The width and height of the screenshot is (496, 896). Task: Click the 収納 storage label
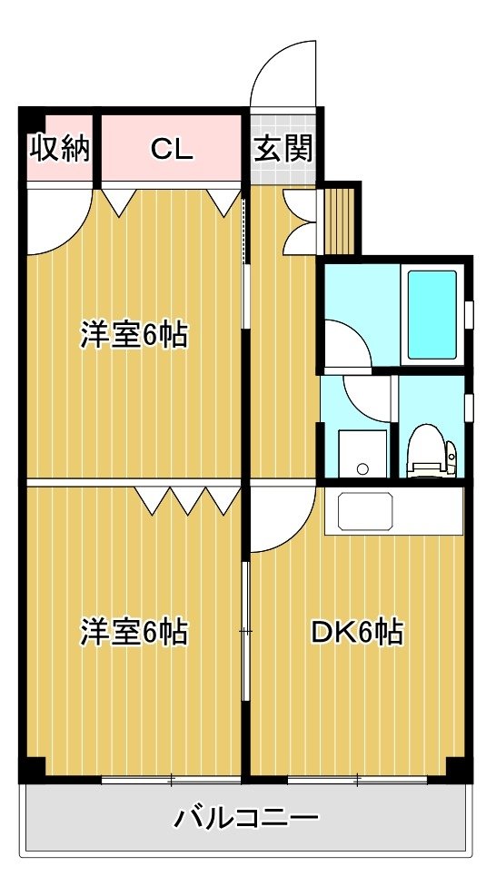tap(60, 150)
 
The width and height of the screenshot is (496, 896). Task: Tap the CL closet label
tap(171, 150)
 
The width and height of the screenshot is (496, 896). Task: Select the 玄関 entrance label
tap(283, 150)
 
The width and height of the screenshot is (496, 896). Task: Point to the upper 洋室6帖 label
tap(134, 334)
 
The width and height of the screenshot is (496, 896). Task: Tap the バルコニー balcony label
tap(246, 819)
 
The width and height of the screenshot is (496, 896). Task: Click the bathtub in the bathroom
tap(432, 314)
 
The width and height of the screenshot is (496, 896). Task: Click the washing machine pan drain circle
tap(362, 469)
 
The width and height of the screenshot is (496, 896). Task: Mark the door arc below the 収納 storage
tap(74, 235)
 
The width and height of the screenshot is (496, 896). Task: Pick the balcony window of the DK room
tap(358, 779)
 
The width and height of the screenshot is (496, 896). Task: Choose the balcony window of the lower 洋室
tap(171, 779)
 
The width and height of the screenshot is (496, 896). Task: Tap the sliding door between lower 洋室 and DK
tap(245, 632)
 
